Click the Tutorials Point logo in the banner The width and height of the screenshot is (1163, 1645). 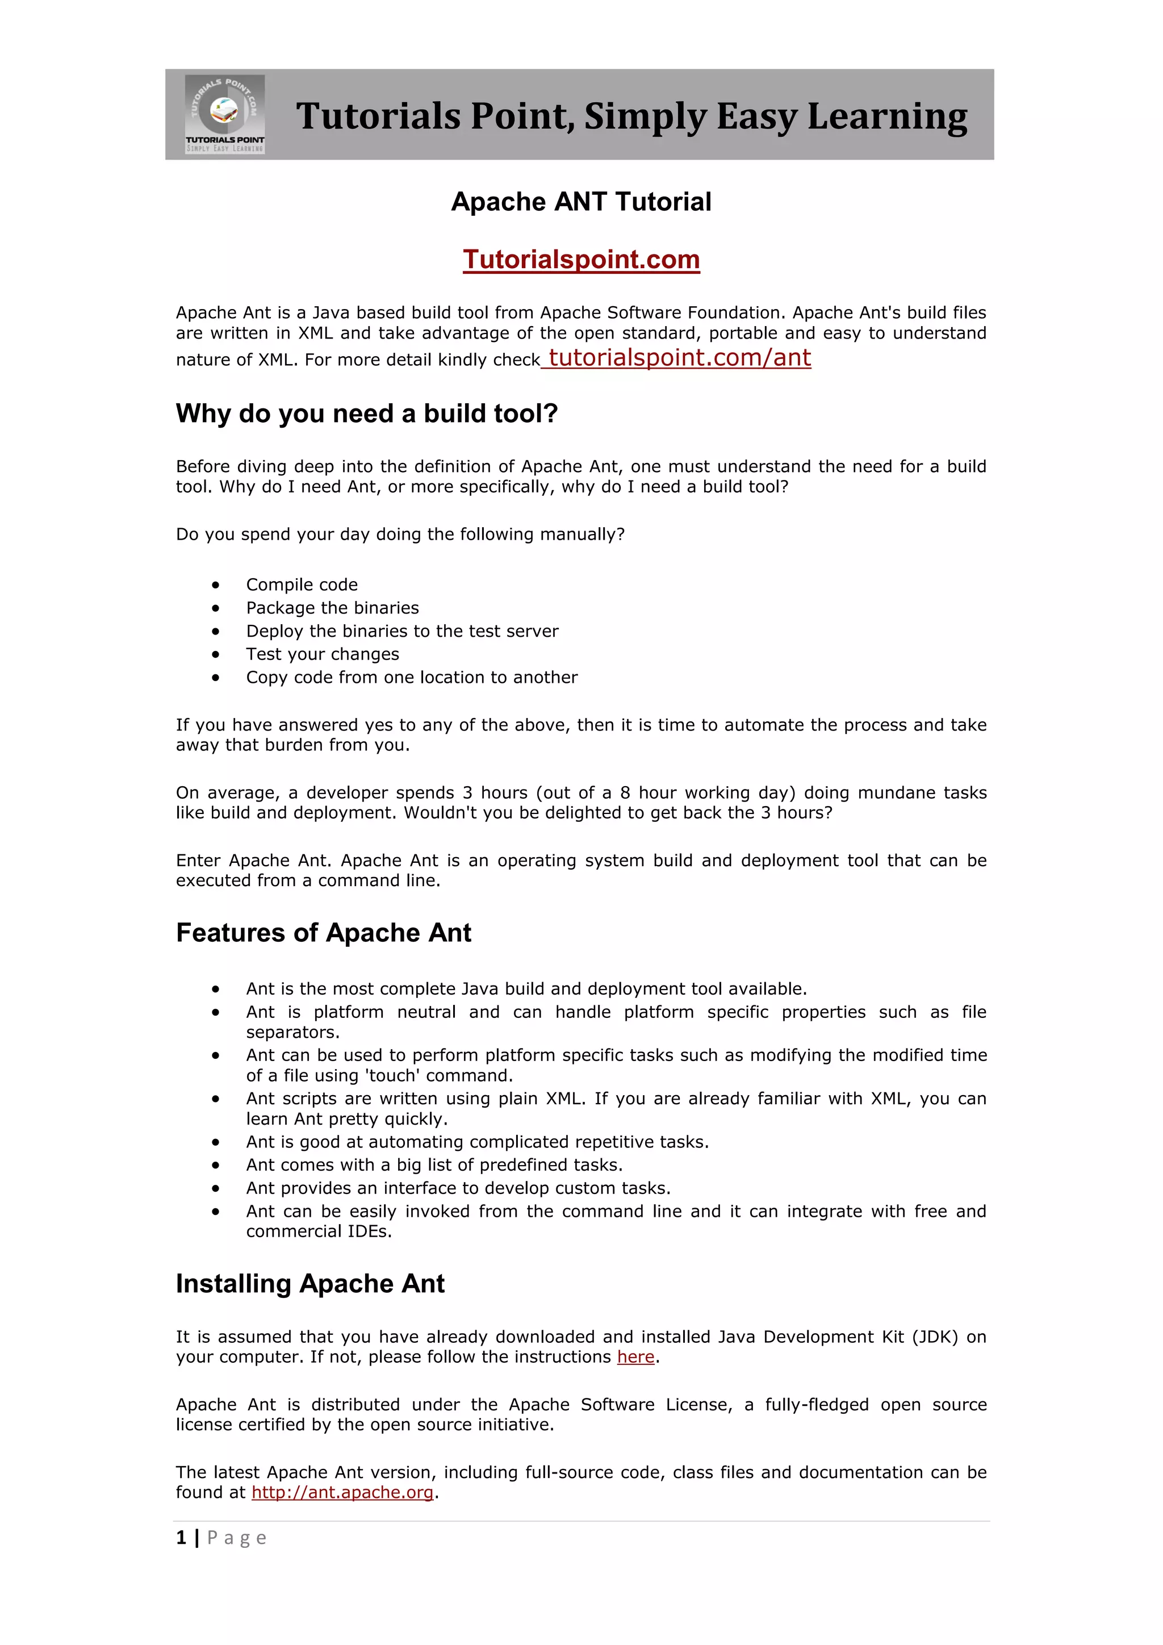[225, 114]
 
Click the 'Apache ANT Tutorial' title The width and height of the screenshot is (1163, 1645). [581, 202]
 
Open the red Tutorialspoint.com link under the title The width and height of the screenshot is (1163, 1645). [581, 260]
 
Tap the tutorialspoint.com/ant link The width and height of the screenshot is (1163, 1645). [679, 357]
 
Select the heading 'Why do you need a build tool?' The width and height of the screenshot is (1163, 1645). [367, 414]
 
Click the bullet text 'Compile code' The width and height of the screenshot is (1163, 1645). [302, 584]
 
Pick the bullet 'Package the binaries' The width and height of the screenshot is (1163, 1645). [332, 608]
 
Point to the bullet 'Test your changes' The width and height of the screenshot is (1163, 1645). [322, 654]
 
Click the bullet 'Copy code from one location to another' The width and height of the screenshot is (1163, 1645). [412, 677]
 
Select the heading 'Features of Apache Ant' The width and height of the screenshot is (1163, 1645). [324, 933]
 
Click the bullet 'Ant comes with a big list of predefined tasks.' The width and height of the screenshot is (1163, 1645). [434, 1165]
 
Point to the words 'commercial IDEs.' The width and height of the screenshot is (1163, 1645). [319, 1231]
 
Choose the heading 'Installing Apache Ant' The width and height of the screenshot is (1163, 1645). [310, 1283]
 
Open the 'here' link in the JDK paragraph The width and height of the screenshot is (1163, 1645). [635, 1357]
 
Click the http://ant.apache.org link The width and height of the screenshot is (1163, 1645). [342, 1492]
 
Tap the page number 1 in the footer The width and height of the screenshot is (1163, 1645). [181, 1538]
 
